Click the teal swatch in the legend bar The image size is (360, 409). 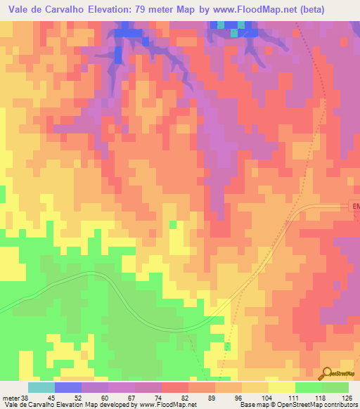[41, 387]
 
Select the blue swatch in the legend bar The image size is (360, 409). [67, 387]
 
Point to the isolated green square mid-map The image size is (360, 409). [173, 224]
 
